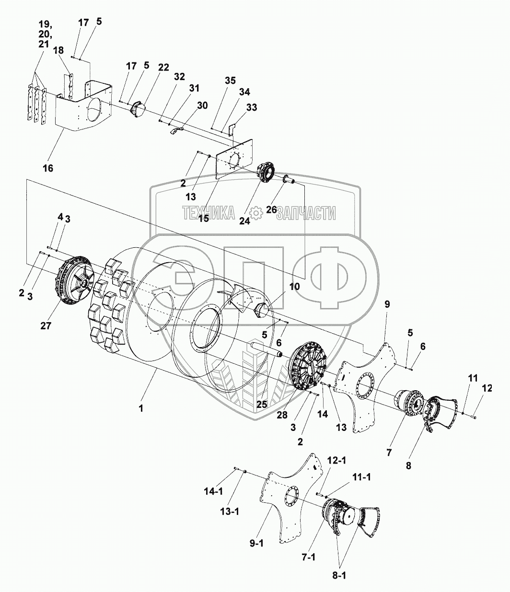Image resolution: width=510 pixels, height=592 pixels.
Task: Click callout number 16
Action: point(48,168)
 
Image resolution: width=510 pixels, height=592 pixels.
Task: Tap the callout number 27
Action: point(46,325)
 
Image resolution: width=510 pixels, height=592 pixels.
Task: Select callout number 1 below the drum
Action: point(140,408)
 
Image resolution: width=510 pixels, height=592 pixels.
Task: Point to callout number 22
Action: point(163,67)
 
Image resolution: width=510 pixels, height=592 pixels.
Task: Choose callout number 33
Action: point(252,108)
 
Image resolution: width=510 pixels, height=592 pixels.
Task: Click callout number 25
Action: point(261,404)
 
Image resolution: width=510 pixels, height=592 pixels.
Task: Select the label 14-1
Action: point(213,492)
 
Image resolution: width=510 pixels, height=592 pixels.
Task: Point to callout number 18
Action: point(58,51)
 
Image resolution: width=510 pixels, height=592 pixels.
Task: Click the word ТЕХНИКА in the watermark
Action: point(209,213)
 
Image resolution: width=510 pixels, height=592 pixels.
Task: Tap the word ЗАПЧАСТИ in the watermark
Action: point(306,213)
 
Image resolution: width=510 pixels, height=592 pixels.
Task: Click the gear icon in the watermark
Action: point(256,213)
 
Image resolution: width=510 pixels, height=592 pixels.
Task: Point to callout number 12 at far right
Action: point(487,388)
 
